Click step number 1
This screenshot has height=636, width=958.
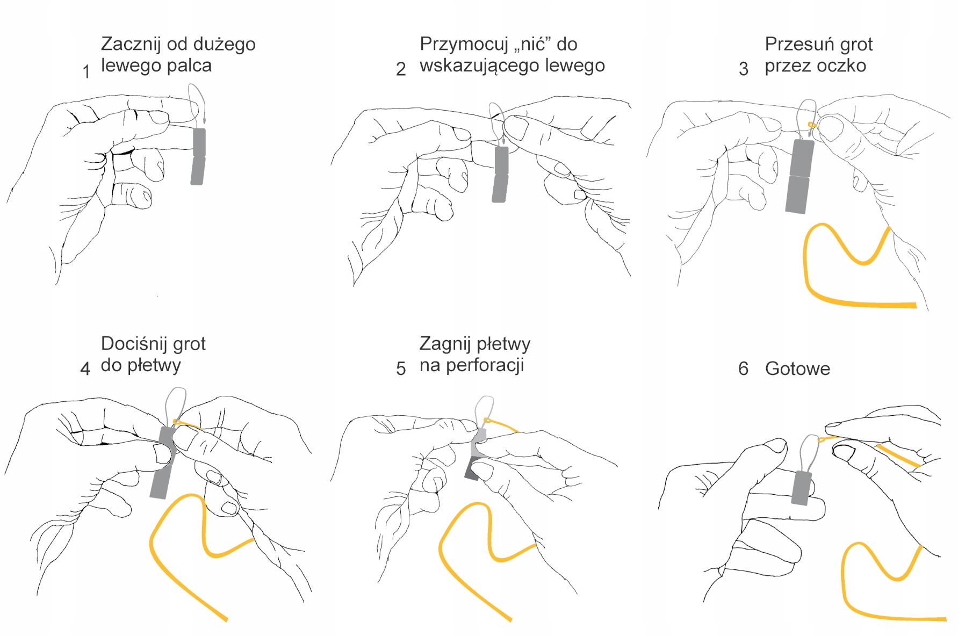86,71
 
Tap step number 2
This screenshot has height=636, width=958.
401,69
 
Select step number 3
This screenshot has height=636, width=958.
744,69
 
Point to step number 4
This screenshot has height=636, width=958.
85,368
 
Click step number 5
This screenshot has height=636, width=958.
401,368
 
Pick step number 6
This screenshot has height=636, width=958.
744,368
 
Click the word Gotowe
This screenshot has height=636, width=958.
797,369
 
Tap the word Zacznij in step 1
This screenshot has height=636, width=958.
131,44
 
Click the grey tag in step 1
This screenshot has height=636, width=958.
198,156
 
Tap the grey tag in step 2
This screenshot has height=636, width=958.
501,175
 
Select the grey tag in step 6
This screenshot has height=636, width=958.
802,488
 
